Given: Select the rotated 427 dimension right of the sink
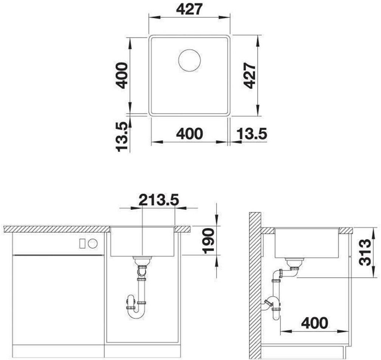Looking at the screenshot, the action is [x=249, y=76].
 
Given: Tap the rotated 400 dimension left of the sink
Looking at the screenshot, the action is [x=121, y=75].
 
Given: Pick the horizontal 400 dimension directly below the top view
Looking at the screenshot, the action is [x=189, y=134].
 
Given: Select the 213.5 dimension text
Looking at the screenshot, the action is [x=159, y=200].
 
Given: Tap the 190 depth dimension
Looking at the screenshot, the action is [x=209, y=241].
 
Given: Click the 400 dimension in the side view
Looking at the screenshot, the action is [x=314, y=323].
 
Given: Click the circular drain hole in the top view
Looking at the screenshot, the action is [x=189, y=61].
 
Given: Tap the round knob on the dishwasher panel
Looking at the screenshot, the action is [x=93, y=243].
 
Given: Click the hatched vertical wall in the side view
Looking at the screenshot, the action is [x=255, y=286].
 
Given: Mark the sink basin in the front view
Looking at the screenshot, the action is [x=142, y=242].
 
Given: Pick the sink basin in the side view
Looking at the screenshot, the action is [x=307, y=243].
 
